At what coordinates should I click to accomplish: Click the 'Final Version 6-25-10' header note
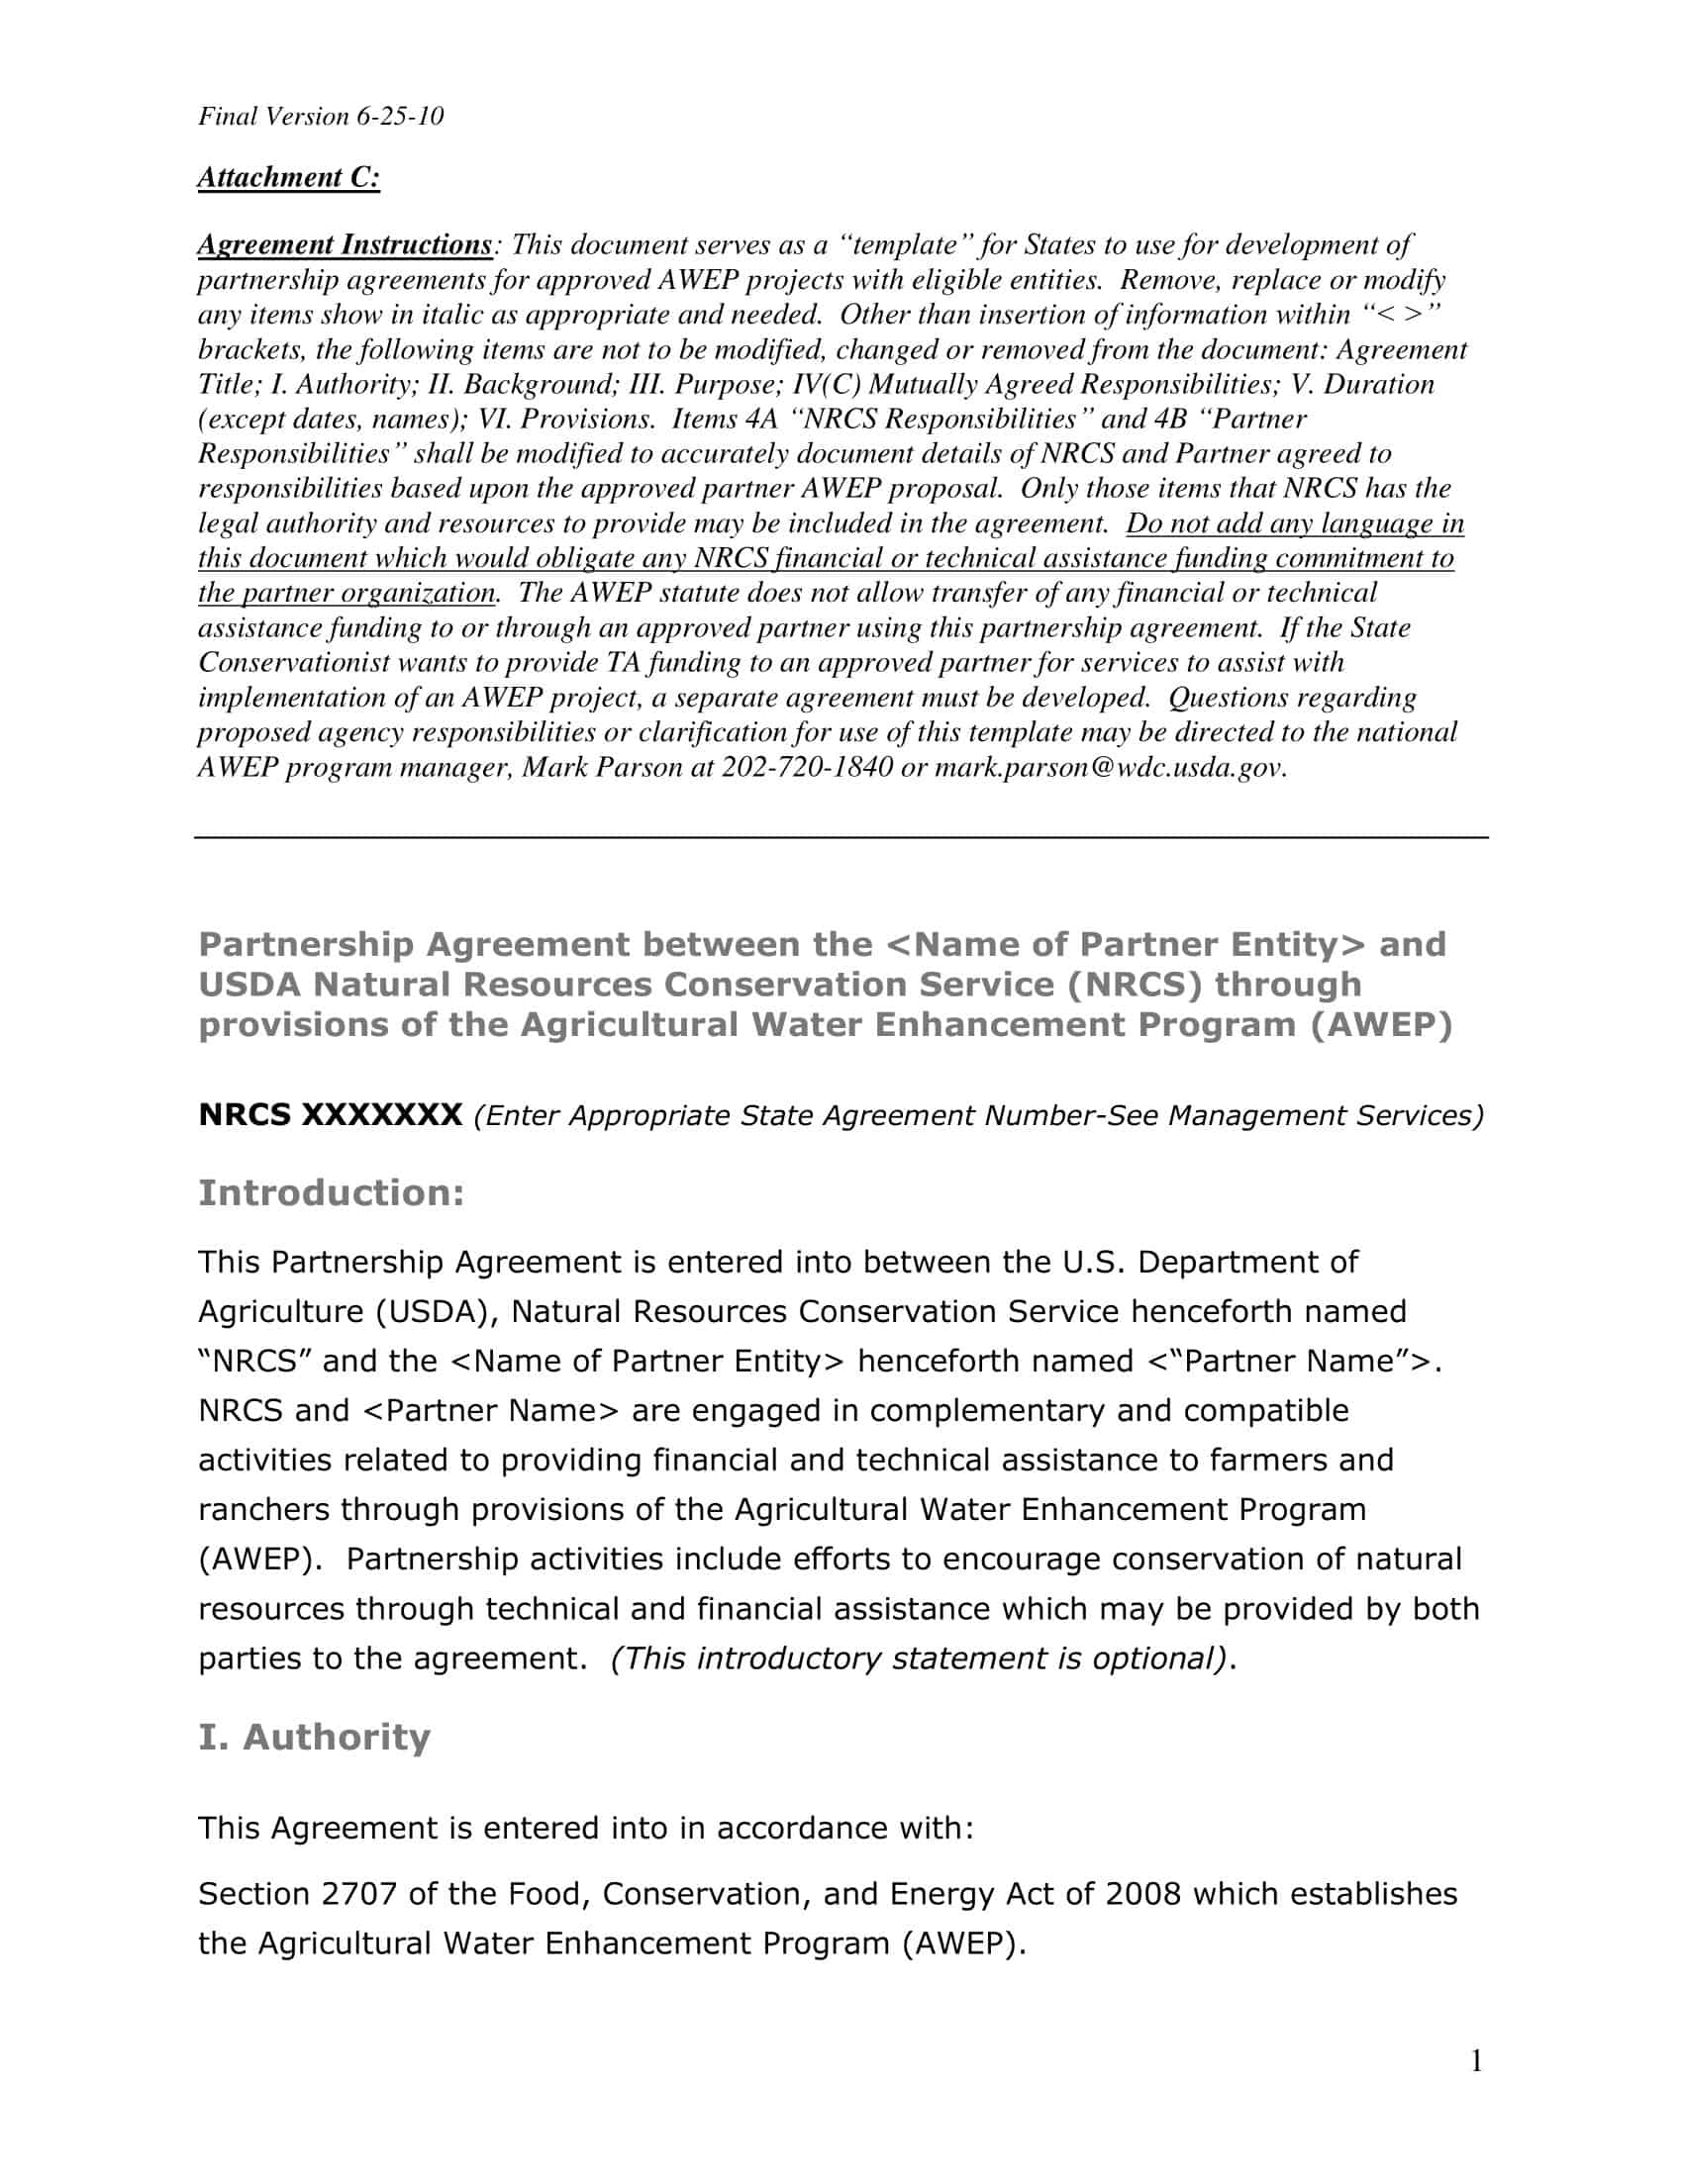[320, 117]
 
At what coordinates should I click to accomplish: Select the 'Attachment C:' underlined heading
[288, 177]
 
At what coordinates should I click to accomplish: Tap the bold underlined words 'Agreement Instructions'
[344, 245]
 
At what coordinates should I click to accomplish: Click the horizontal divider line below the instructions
[841, 837]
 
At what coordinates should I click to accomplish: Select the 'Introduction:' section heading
[331, 1193]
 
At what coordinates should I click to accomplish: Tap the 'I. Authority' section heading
[314, 1737]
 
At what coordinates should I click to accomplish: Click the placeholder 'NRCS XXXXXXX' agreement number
[330, 1115]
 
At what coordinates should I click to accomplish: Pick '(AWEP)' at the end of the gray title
[1381, 1026]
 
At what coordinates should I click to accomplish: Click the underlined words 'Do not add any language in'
[1294, 524]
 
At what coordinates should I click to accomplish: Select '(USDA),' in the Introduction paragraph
[438, 1312]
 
